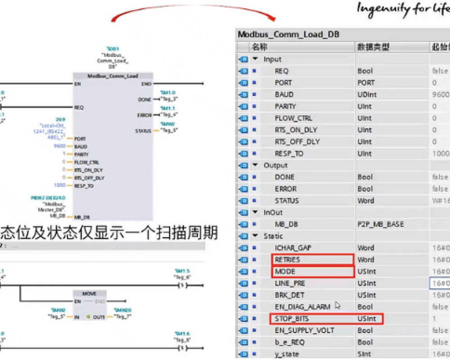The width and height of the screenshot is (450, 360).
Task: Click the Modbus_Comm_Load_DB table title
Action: pyautogui.click(x=288, y=35)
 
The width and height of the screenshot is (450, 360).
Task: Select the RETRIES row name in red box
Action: pyautogui.click(x=287, y=260)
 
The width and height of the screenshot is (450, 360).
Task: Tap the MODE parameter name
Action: pyautogui.click(x=285, y=271)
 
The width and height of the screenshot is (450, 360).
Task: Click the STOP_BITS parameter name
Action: pyautogui.click(x=292, y=319)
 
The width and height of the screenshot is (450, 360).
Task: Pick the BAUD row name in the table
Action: pyautogui.click(x=284, y=94)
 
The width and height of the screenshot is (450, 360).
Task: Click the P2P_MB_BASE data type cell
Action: pyautogui.click(x=381, y=224)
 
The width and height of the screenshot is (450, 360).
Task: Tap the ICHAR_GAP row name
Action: pyautogui.click(x=293, y=248)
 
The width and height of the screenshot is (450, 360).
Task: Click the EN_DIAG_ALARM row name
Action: pyautogui.click(x=302, y=307)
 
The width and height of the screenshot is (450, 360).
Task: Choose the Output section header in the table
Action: pyautogui.click(x=275, y=165)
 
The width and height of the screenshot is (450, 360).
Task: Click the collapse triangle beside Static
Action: pyautogui.click(x=255, y=236)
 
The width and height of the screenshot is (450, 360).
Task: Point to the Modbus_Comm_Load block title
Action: pyautogui.click(x=112, y=76)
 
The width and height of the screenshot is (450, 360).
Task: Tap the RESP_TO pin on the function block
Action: pyautogui.click(x=84, y=185)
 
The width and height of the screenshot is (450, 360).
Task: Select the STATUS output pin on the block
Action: pyautogui.click(x=143, y=131)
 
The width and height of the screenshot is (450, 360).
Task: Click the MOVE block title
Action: pyautogui.click(x=89, y=294)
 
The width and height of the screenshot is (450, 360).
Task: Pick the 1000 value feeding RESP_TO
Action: pyautogui.click(x=59, y=185)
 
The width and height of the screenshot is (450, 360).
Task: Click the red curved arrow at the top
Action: pyautogui.click(x=193, y=11)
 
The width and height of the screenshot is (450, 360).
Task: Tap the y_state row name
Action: pyautogui.click(x=287, y=354)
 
